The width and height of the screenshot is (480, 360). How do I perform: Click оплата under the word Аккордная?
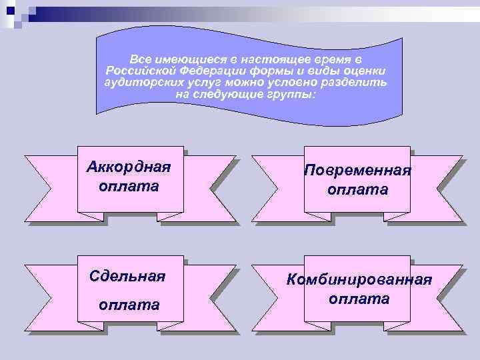coord(129,185)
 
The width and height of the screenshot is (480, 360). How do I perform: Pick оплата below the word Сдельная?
coord(129,305)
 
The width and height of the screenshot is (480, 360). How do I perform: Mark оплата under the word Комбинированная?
coord(359,299)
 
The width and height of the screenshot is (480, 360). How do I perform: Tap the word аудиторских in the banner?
coord(133,83)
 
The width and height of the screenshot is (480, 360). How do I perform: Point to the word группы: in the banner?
coord(291,95)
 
